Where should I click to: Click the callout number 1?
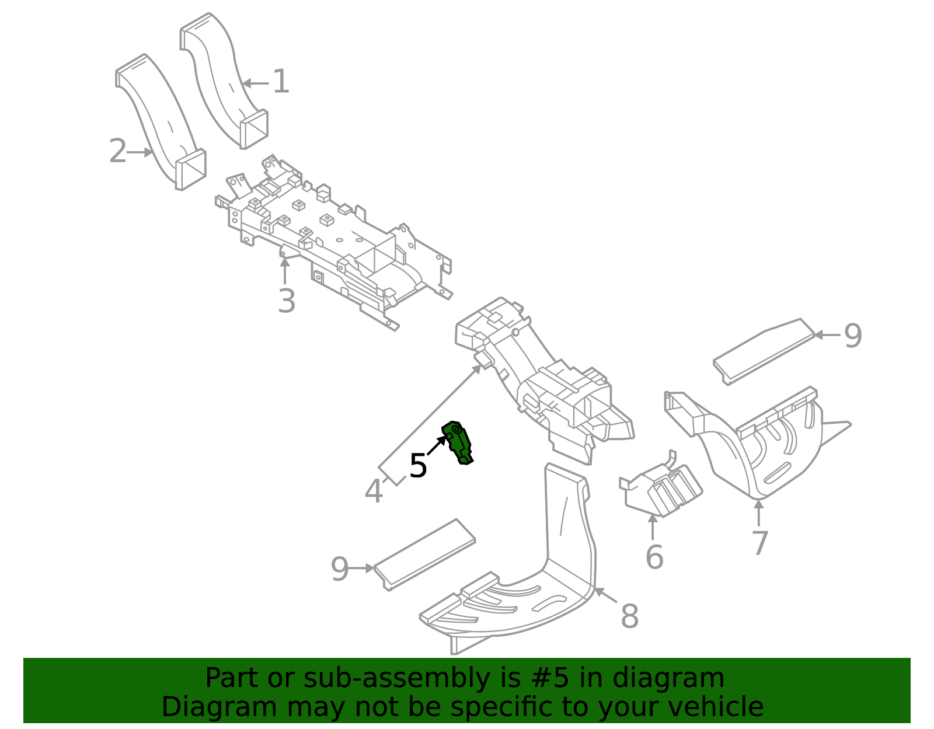tap(281, 82)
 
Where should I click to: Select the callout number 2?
tap(117, 152)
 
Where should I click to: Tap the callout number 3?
tap(286, 302)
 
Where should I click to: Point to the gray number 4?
tap(374, 491)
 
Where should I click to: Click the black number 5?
tap(418, 466)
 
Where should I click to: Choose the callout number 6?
tap(654, 557)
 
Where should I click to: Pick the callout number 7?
tap(759, 543)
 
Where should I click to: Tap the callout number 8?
tap(629, 616)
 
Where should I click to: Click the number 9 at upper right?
tap(853, 336)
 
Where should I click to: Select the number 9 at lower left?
tap(340, 569)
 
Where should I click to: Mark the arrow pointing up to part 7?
tap(758, 514)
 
